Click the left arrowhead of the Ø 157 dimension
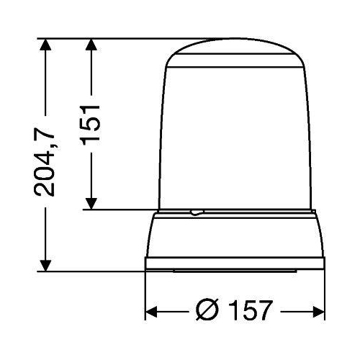pos(152,312)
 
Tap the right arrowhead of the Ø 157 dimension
pos(319,312)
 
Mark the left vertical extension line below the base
pos(146,295)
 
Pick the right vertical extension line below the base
pos(325,295)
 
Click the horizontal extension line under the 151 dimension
pos(122,210)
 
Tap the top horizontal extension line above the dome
pos(130,37)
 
